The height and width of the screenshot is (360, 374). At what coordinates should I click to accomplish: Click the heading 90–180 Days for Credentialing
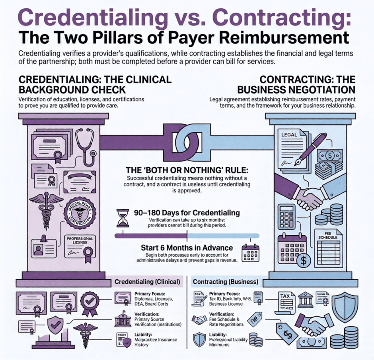click(187, 213)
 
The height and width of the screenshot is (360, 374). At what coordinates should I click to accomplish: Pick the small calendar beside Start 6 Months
click(251, 252)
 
